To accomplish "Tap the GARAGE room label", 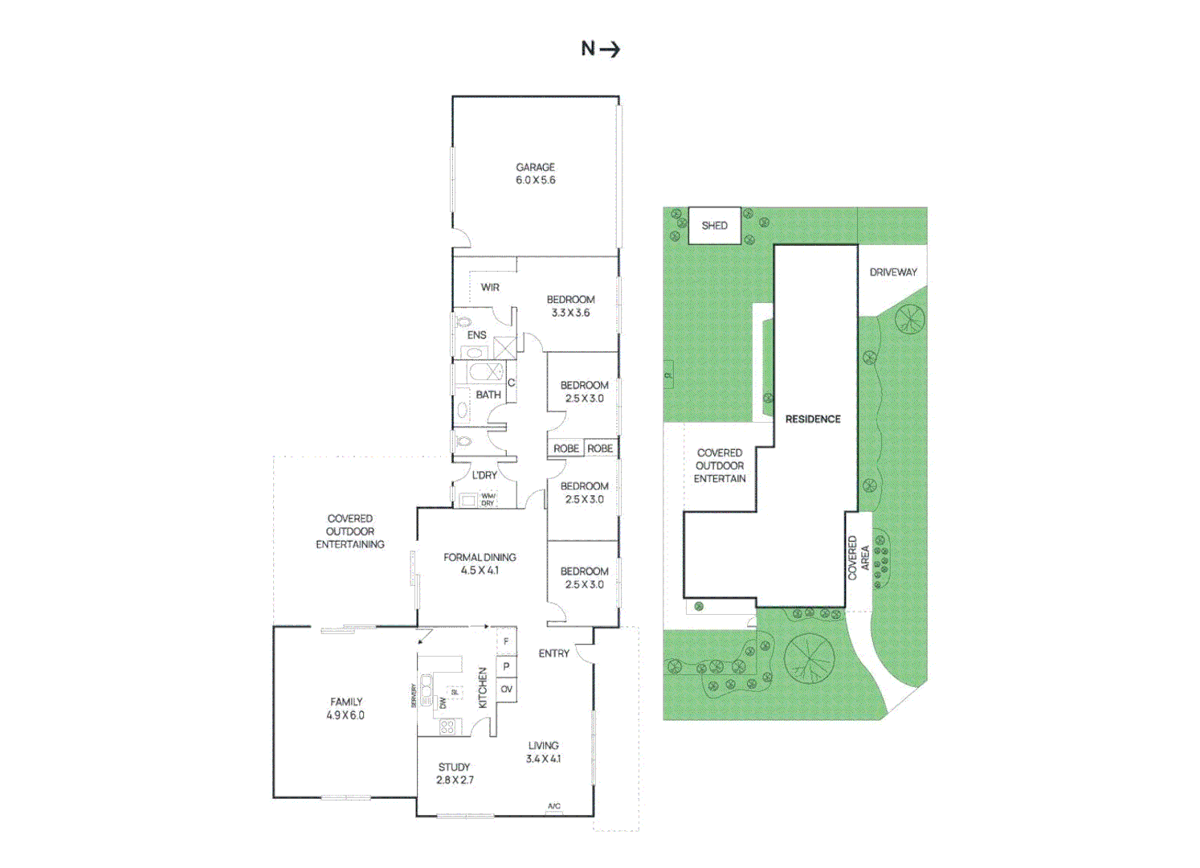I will (x=535, y=167).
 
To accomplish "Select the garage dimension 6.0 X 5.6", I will (x=535, y=180).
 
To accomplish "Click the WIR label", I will (x=490, y=287).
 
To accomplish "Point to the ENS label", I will (x=476, y=335).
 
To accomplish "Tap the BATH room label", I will (x=488, y=395).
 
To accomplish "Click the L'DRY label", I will (x=484, y=475).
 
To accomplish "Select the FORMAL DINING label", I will (x=480, y=557).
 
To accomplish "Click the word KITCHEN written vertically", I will (x=483, y=688).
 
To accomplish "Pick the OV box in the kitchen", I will (x=506, y=690).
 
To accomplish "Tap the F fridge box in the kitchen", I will (x=506, y=641).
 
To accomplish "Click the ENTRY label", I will (x=553, y=653).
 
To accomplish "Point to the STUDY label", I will (x=454, y=767).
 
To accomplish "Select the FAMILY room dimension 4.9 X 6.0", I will (x=345, y=715).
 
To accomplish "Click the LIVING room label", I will (x=543, y=745).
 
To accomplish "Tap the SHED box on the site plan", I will (x=714, y=226).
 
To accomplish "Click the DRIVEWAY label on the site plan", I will (x=892, y=272).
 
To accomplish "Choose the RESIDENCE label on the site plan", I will (x=813, y=419).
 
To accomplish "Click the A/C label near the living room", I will (x=554, y=806).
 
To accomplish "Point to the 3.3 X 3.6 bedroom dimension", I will (x=570, y=313).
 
